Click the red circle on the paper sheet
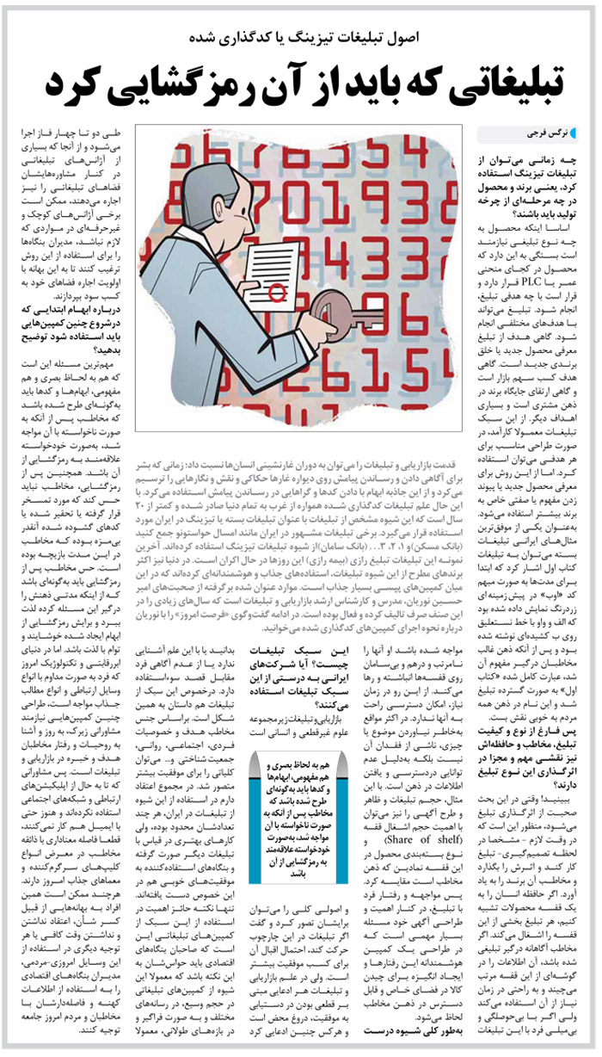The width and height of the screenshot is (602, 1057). pos(277,294)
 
